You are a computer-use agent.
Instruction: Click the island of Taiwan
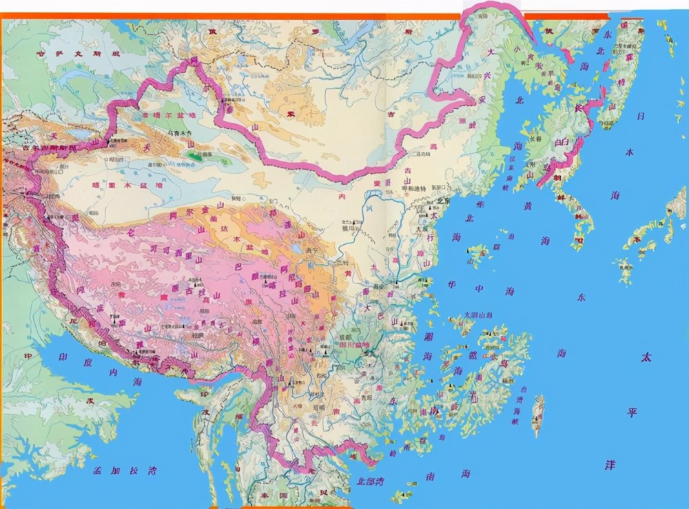537,414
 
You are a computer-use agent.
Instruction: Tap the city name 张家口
439,188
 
